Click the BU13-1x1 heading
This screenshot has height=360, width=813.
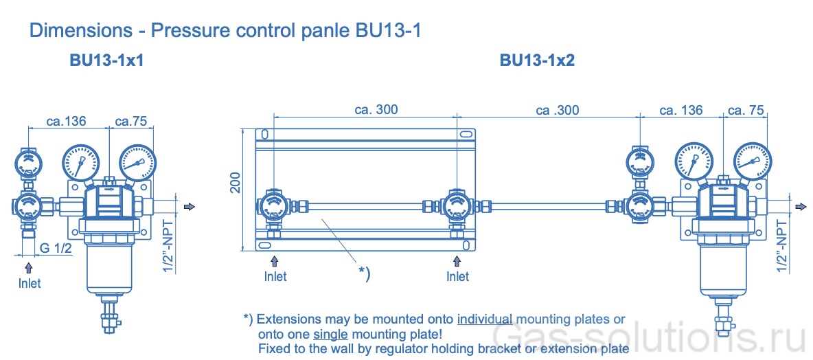pos(106,60)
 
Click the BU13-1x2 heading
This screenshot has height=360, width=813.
pos(537,60)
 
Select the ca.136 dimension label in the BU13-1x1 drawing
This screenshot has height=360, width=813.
pos(66,122)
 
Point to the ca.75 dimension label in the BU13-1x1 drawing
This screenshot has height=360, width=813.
pos(130,122)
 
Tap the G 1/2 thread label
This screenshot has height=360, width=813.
pos(56,249)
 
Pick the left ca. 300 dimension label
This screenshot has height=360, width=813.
pos(376,110)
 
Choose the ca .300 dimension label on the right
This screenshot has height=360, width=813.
pos(557,110)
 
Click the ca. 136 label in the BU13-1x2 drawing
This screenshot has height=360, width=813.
pos(680,110)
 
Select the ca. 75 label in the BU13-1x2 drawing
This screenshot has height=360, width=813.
pos(745,110)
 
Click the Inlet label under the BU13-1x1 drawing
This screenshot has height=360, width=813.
pos(30,283)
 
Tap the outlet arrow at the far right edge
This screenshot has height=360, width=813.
pos(801,207)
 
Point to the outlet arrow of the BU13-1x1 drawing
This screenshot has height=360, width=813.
pos(190,206)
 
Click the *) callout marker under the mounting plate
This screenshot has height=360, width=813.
pos(364,273)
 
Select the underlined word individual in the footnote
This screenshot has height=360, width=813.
pos(485,319)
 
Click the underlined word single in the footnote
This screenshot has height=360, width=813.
pos(331,335)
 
